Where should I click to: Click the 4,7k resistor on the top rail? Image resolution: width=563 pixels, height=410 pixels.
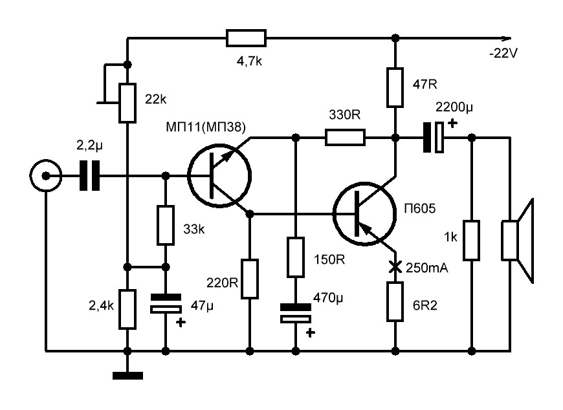tap(246, 38)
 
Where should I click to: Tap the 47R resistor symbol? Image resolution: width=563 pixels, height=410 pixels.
tap(395, 87)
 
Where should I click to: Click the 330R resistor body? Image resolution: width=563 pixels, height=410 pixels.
tap(345, 137)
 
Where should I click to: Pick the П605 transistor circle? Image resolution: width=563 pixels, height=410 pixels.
tap(364, 214)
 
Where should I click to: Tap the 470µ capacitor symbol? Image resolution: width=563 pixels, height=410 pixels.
tap(296, 314)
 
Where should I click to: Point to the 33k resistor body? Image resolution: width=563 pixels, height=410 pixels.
tap(166, 225)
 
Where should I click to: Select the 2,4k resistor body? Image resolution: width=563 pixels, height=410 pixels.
tap(128, 309)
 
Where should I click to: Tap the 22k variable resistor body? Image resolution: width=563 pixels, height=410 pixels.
tap(128, 103)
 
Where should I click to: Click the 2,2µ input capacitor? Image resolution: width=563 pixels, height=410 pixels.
tap(90, 175)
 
